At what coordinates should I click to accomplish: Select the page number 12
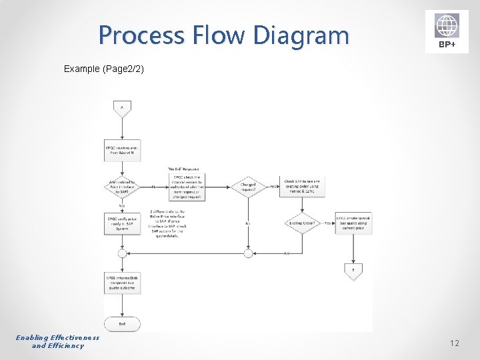click(455, 343)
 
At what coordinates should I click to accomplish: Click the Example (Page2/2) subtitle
click(104, 69)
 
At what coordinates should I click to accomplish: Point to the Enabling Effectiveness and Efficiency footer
click(58, 341)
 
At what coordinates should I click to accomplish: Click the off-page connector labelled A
click(122, 108)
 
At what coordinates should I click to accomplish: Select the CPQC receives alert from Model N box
click(122, 150)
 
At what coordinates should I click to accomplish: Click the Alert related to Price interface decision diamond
click(122, 187)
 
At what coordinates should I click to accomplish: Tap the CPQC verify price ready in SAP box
click(122, 223)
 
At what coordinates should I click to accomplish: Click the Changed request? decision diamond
click(248, 187)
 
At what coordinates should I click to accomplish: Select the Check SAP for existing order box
click(302, 187)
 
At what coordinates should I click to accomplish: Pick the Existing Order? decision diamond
click(302, 223)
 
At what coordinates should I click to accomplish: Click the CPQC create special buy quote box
click(353, 223)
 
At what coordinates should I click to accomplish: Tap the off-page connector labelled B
click(353, 269)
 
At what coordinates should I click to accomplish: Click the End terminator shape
click(122, 323)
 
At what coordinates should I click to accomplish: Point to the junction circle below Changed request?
click(248, 253)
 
